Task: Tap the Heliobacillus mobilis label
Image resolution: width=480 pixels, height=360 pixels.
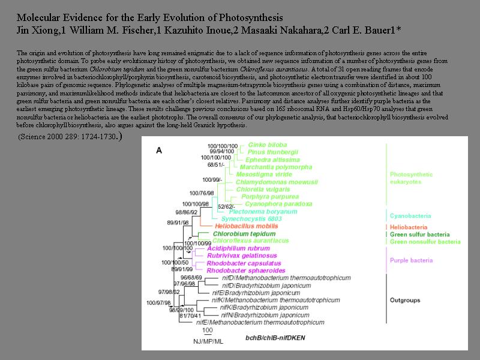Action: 242,226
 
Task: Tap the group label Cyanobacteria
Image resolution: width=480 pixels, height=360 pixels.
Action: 408,216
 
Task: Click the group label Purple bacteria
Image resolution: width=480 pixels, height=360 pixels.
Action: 411,260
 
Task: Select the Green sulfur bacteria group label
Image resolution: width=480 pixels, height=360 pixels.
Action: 418,235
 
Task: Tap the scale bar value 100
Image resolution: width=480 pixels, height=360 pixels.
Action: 207,331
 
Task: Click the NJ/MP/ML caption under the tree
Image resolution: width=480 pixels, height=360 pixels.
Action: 207,341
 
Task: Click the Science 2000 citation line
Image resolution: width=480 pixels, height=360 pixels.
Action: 69,137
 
